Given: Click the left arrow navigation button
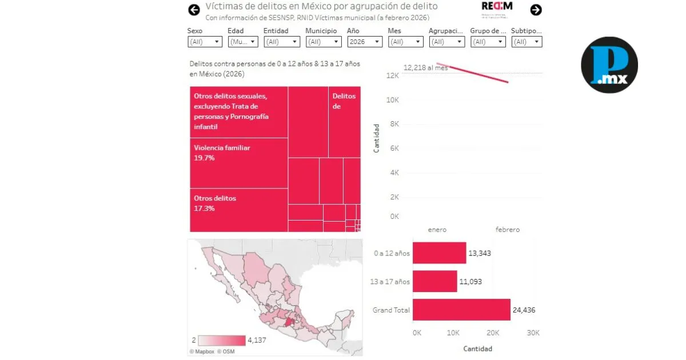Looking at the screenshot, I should point(194,10).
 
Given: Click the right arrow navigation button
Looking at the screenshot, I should point(536,10).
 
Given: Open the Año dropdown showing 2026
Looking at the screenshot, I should point(365,42).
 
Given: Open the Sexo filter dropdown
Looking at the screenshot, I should point(205,42).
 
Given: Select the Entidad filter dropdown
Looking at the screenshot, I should point(281,42).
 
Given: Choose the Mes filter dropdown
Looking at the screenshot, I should point(405,42).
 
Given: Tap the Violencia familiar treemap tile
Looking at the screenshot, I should point(238,163).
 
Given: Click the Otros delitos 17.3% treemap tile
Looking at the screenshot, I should point(238,210).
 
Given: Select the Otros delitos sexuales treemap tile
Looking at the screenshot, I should point(238,111).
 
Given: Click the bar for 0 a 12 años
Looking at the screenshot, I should point(439,253).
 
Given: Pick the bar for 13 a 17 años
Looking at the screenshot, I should point(434,281).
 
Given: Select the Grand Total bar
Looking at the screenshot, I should point(461,310).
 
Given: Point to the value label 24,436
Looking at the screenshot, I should point(524,310).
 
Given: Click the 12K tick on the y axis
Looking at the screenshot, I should point(392,76).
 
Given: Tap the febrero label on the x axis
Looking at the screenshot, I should point(507,230).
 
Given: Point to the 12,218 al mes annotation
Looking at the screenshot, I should point(425,68).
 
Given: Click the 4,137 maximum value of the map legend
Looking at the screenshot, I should point(257,340).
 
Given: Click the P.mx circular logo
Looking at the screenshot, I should point(609,65).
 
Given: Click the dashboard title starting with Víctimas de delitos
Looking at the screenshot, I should point(321,7).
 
